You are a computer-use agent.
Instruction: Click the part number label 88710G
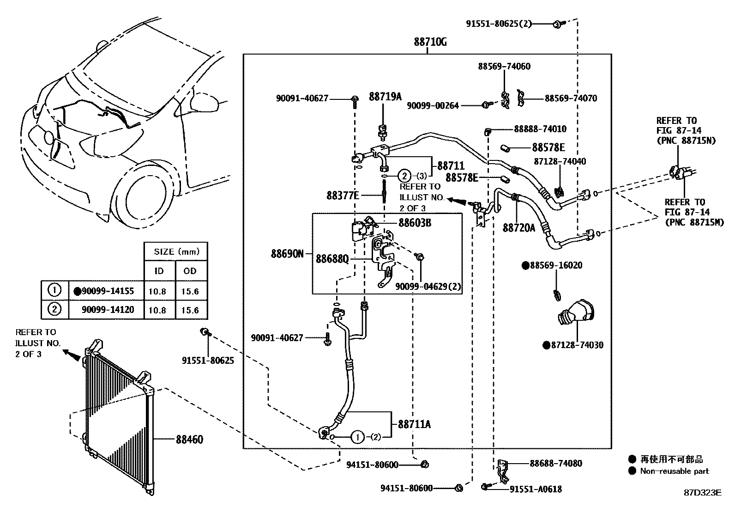tap(430, 42)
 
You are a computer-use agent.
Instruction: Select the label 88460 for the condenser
tap(189, 439)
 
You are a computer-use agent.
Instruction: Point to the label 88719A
tap(385, 97)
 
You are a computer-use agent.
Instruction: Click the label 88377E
tap(343, 196)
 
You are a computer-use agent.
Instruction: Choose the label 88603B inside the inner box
tap(415, 223)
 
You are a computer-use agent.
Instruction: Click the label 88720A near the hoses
tap(519, 228)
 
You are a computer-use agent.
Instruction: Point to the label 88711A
tap(414, 424)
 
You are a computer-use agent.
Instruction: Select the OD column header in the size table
tap(190, 271)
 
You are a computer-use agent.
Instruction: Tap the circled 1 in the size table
tap(54, 291)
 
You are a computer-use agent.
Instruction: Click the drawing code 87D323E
tap(702, 492)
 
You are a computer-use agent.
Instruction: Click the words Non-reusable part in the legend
tap(674, 471)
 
